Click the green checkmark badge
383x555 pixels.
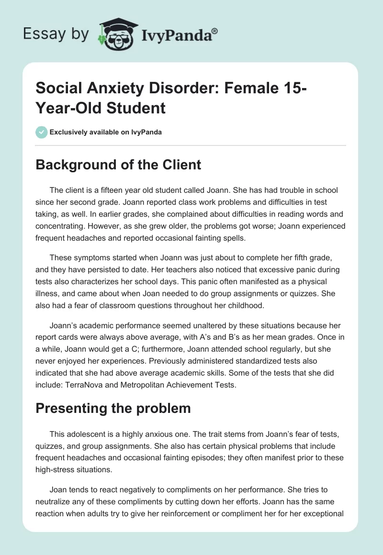pos(41,132)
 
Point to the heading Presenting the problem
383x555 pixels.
pos(114,408)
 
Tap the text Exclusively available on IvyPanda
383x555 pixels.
pos(106,132)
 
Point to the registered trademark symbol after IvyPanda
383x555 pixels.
pos(214,31)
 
